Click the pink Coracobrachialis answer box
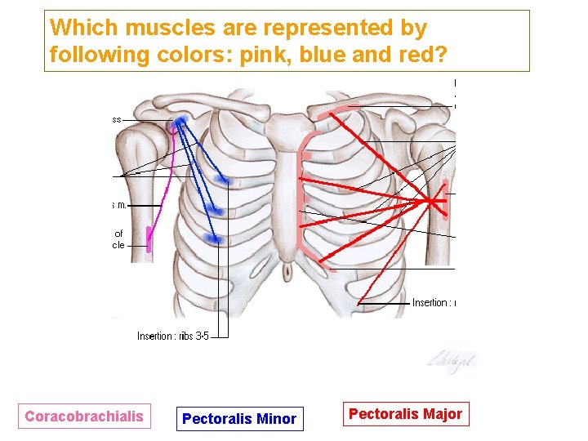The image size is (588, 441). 83,416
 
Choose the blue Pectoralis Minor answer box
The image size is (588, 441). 239,419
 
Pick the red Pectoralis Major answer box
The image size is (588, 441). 405,414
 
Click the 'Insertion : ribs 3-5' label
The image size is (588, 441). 172,336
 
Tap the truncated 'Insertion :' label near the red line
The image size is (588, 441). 433,303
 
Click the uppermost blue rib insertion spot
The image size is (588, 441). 220,179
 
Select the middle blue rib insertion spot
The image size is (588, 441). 215,211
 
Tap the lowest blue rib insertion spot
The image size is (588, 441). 216,239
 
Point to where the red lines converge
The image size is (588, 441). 430,200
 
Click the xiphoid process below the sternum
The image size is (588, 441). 287,269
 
